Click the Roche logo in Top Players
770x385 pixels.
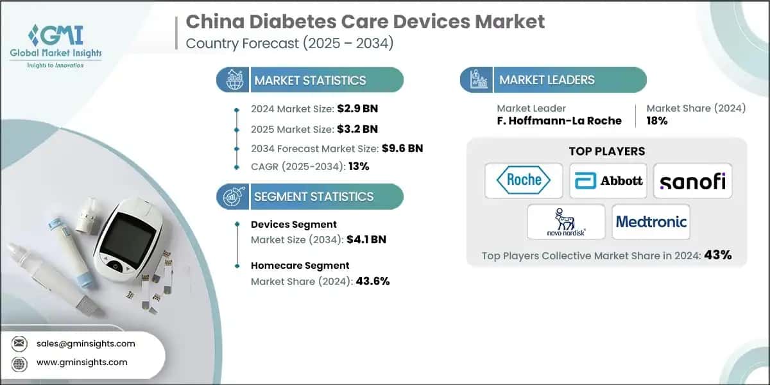pos(524,180)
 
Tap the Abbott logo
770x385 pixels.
pos(608,180)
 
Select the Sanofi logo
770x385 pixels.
pos(692,180)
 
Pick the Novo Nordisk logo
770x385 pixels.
pos(565,222)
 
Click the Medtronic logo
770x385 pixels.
pos(651,222)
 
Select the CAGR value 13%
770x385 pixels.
pos(359,166)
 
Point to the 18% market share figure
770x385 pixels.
pos(656,121)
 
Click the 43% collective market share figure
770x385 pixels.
pos(717,255)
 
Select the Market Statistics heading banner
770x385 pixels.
pos(311,80)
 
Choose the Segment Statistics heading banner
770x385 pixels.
pos(311,196)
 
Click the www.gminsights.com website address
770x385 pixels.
pos(81,363)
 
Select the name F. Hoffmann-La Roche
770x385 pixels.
pos(559,121)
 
